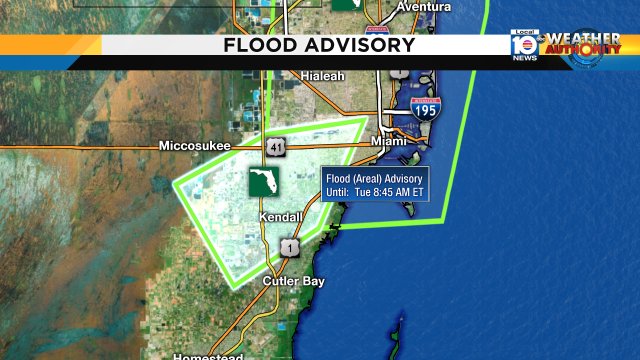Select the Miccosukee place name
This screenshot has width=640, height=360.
point(194,146)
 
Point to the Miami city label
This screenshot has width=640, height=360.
point(389,142)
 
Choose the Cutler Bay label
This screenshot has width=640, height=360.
point(293,282)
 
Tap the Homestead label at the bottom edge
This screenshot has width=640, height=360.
point(207,356)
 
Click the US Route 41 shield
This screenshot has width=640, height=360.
point(275,147)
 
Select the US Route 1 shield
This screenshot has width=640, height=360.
point(288,247)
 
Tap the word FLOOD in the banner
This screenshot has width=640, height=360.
point(258,45)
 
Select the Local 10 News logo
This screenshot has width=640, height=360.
point(525,45)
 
